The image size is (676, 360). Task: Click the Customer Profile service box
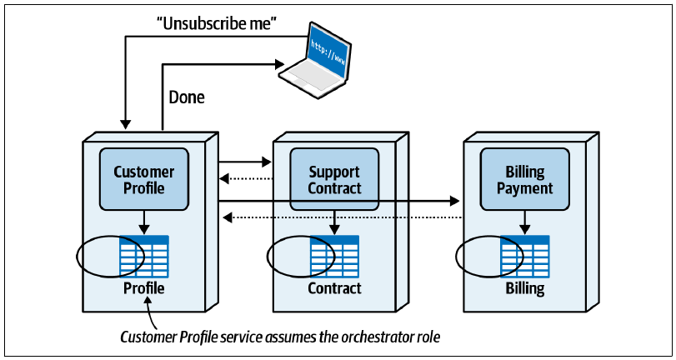144,179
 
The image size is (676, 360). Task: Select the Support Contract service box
334,179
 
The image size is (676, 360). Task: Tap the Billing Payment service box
524,179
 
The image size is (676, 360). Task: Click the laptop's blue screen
328,55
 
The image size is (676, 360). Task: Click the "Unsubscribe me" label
216,23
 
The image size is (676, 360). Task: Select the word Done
186,97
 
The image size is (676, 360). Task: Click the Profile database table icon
144,256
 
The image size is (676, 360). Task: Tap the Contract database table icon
334,256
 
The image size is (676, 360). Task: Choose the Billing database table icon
524,256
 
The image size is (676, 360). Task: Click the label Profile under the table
144,288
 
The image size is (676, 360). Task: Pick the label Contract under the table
334,288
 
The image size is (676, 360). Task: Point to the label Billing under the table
524,288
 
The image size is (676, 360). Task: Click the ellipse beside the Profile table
77,257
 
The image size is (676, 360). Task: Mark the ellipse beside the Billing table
456,257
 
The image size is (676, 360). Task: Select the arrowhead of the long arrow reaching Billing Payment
454,201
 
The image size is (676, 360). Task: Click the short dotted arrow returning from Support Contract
246,177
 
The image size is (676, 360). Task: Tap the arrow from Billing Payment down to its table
524,222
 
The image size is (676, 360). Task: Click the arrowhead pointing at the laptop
279,64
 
